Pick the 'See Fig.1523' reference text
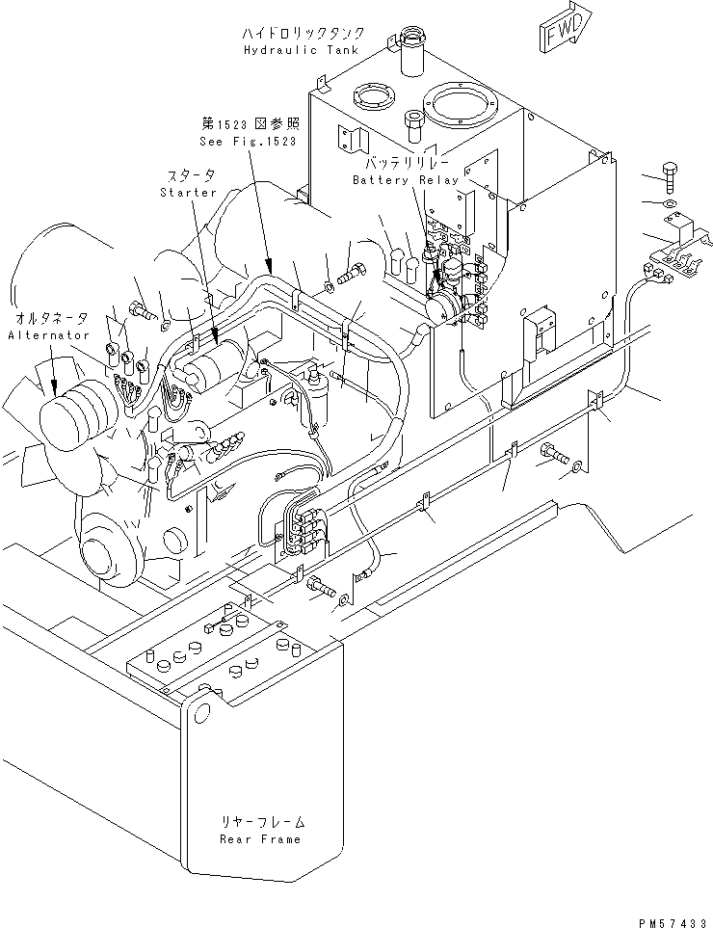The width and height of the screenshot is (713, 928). tap(249, 141)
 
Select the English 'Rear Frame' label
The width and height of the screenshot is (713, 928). tap(259, 838)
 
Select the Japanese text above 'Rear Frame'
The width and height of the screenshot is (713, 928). tap(259, 821)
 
